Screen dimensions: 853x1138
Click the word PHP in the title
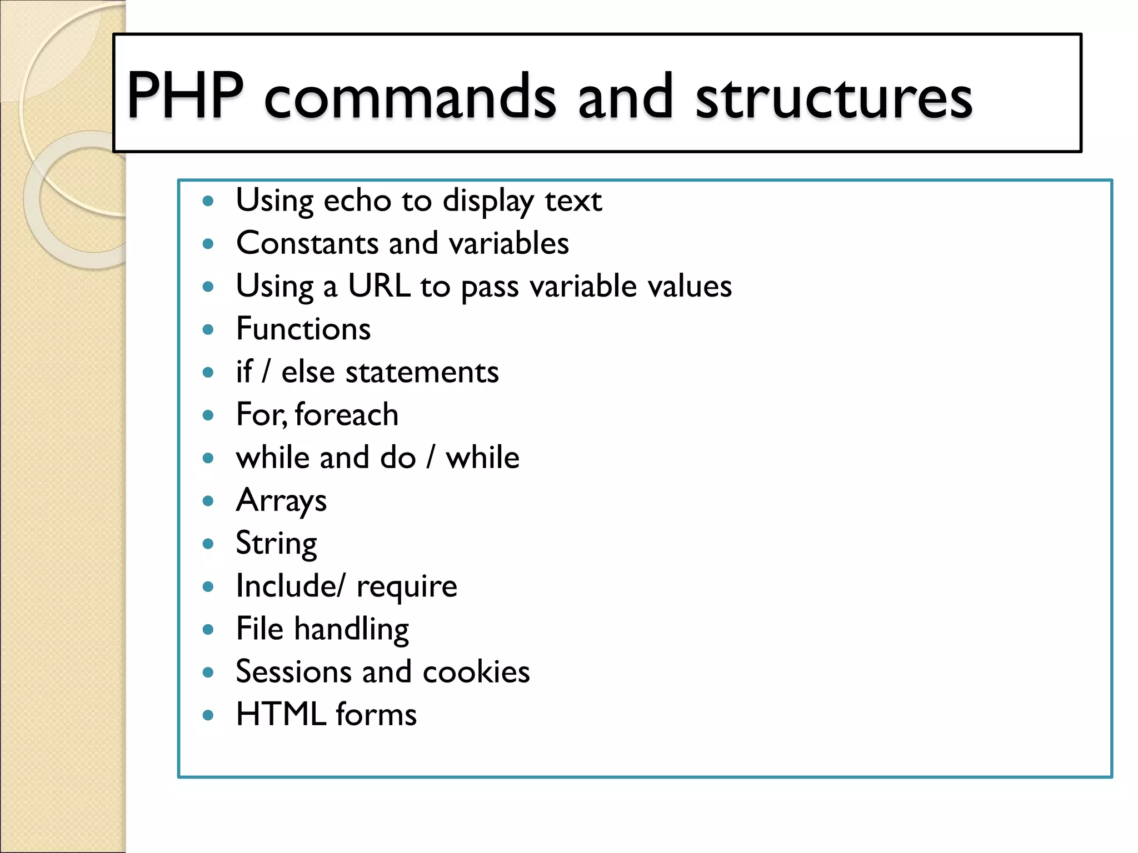185,96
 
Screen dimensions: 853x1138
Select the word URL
379,286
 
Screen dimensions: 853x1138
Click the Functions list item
303,329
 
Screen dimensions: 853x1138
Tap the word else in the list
308,372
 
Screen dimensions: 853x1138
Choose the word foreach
347,415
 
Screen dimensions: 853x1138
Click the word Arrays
281,501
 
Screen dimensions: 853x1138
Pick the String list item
276,544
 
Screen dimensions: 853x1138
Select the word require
407,587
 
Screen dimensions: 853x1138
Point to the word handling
351,630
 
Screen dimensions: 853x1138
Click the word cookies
476,672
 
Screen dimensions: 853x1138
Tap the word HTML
281,715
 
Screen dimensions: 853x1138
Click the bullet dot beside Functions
208,330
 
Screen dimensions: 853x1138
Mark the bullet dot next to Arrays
208,501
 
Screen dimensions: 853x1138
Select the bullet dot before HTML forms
208,715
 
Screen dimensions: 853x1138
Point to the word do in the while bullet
398,458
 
